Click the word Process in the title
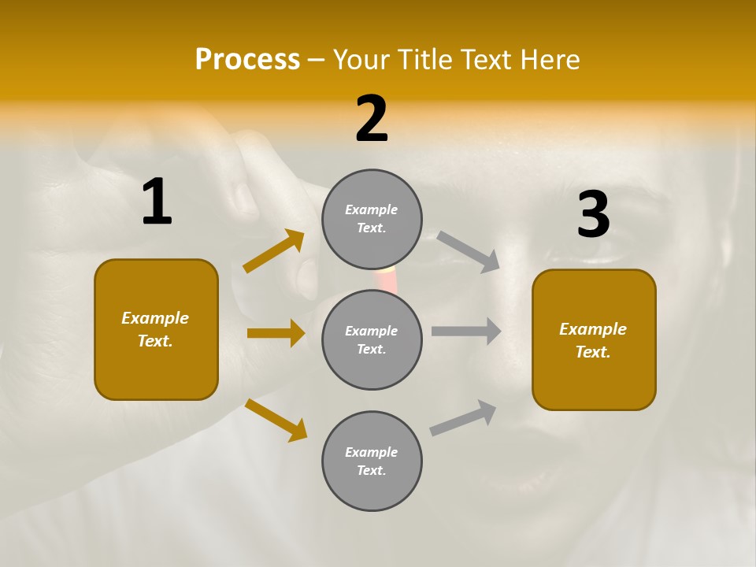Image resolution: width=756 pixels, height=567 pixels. [x=247, y=60]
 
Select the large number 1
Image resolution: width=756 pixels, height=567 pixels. [x=157, y=202]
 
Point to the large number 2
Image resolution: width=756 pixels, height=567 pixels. [x=372, y=120]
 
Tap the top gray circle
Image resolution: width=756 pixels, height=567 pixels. [x=372, y=219]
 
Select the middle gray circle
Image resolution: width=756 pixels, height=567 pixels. [x=372, y=339]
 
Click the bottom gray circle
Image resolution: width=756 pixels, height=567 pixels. [x=372, y=461]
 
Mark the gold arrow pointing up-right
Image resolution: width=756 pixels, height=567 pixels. [x=274, y=251]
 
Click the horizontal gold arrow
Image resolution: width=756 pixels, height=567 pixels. [x=276, y=333]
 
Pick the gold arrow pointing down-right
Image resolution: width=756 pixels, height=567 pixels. [x=276, y=420]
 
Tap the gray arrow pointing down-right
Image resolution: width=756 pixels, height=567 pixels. [x=468, y=251]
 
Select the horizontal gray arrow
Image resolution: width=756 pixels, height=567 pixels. [x=466, y=332]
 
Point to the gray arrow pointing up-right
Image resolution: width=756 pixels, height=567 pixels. [x=463, y=417]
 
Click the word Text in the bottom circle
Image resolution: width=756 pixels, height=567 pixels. [x=371, y=470]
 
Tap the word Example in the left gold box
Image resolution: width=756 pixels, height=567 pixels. [x=155, y=318]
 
